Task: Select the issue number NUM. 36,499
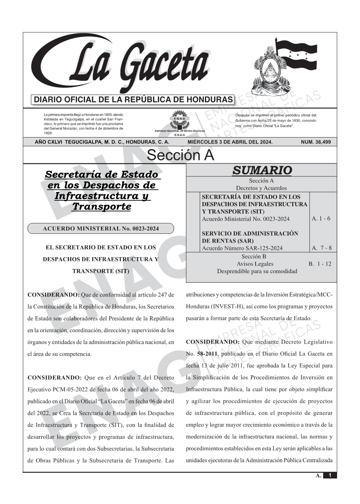315,142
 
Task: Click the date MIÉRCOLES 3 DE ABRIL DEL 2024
230,142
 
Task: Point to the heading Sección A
180,155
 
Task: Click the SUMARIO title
262,170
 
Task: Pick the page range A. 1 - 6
321,219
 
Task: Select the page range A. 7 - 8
322,248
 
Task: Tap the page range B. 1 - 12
320,264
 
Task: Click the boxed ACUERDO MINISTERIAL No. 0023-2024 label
101,229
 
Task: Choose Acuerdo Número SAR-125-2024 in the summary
242,248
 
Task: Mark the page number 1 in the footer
330,475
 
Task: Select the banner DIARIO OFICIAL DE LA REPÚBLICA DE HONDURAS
133,100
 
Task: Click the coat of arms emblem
266,69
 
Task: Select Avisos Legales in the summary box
255,264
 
